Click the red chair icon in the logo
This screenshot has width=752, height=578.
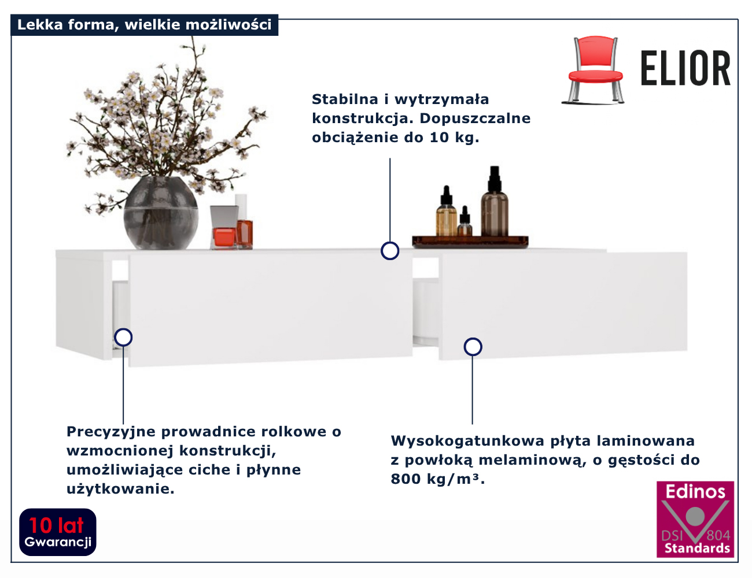[x=594, y=69]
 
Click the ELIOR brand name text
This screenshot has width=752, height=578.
[x=685, y=69]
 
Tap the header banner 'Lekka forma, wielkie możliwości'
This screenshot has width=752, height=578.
[x=144, y=25]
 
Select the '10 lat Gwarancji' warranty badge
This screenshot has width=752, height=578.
[x=58, y=532]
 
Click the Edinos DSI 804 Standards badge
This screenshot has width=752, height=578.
[x=695, y=519]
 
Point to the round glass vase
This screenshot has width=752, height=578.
[x=160, y=214]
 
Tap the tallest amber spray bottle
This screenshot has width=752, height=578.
[x=495, y=205]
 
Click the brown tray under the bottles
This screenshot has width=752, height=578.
[x=470, y=241]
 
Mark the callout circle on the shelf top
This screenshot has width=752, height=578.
[x=390, y=251]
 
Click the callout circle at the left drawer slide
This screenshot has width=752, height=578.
[x=123, y=337]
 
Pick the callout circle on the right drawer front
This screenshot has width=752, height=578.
[x=473, y=347]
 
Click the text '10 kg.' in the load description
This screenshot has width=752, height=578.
[x=454, y=138]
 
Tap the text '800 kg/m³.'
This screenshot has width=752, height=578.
[x=437, y=479]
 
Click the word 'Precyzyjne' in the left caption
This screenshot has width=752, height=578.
[x=111, y=432]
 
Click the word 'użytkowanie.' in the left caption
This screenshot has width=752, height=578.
[x=120, y=489]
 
